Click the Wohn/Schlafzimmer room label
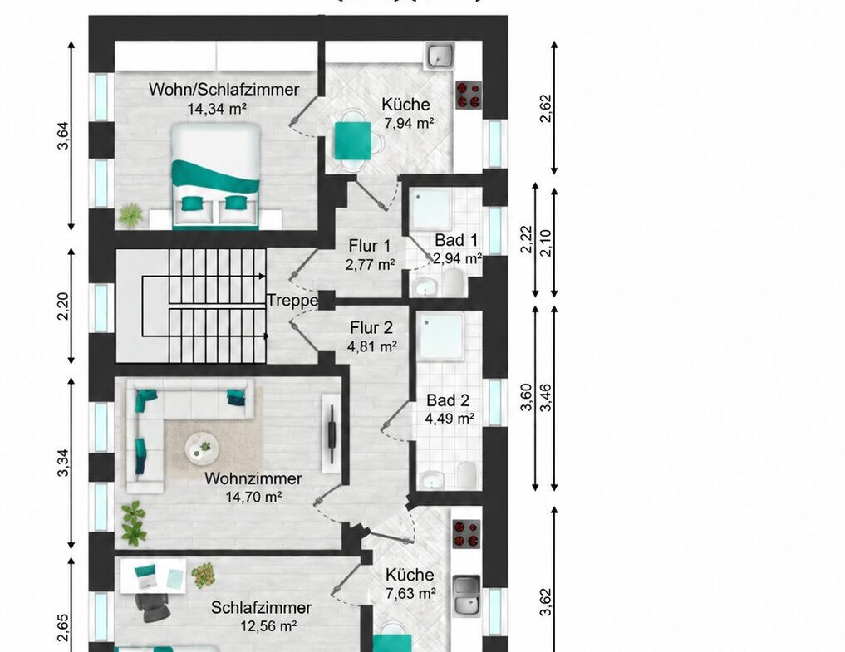[224, 89]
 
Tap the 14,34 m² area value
[217, 109]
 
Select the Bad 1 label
[456, 240]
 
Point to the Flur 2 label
[371, 327]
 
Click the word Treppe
[292, 301]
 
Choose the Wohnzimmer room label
[253, 478]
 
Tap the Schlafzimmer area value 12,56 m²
[269, 626]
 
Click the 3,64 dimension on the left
[64, 135]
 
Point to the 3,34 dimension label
[64, 463]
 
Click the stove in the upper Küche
[469, 95]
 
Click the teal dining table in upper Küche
[353, 140]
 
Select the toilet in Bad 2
[466, 475]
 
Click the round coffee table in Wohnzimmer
[202, 448]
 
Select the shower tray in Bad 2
[441, 336]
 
